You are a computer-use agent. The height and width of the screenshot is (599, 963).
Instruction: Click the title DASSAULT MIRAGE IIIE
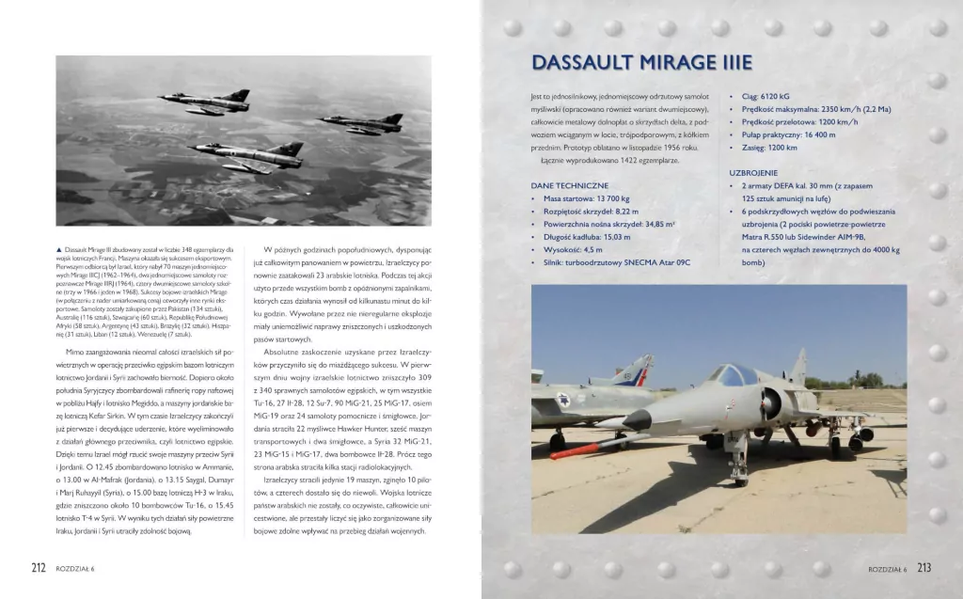[x=641, y=63]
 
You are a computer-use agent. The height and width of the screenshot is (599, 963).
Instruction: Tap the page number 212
[x=39, y=567]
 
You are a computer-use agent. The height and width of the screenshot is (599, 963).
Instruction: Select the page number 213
[x=924, y=567]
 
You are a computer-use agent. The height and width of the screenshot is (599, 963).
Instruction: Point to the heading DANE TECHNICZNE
[x=569, y=186]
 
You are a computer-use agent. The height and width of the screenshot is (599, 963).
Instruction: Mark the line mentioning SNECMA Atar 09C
[x=615, y=263]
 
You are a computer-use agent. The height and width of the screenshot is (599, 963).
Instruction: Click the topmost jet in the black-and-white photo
[x=207, y=100]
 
